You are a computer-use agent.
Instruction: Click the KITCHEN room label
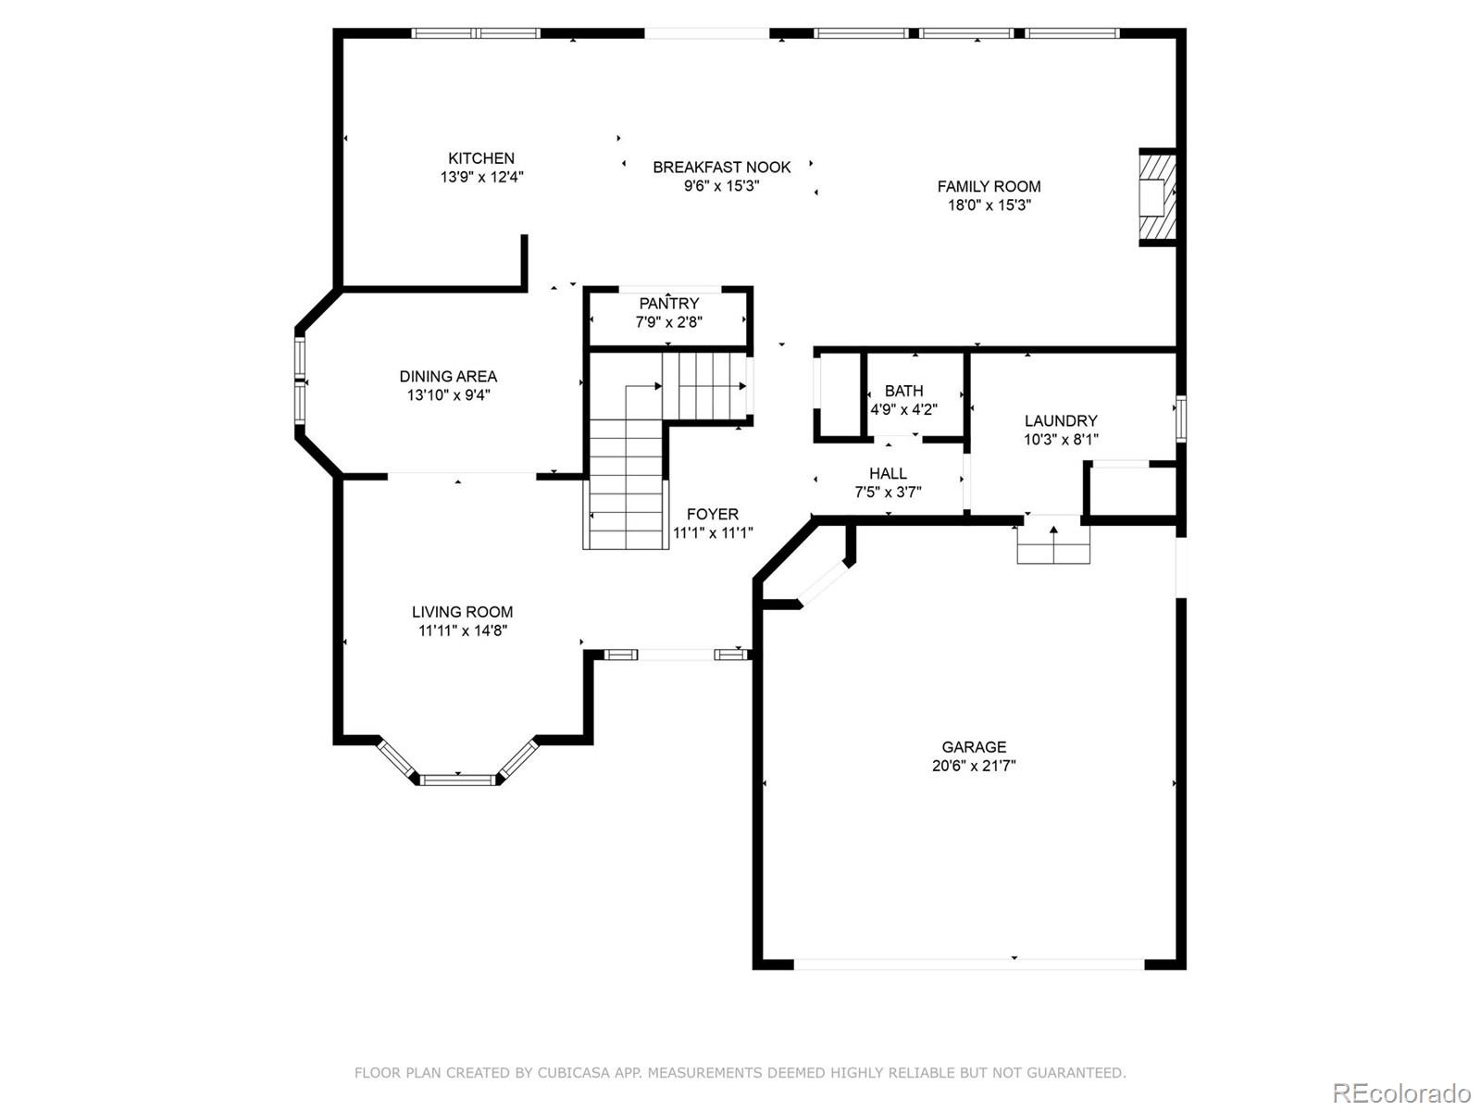pos(481,158)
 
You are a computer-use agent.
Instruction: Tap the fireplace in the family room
pos(1157,197)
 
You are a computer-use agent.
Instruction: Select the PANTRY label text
pos(668,304)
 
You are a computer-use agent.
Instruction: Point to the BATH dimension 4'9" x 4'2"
pos(903,409)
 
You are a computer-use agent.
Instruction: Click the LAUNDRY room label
pos(1061,420)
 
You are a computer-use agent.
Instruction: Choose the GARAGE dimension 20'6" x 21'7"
pos(974,766)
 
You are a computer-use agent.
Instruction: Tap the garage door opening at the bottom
pos(968,964)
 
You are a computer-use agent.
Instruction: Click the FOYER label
pos(713,514)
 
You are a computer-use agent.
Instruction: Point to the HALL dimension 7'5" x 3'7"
pos(888,493)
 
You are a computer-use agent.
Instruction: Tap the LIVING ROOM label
pos(462,612)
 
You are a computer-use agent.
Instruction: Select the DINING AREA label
pos(448,376)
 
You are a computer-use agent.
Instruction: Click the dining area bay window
pos(300,380)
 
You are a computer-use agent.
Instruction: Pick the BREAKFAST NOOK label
pos(722,168)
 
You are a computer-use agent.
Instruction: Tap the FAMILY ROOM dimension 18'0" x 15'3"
pos(989,206)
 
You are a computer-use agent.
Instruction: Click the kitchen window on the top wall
pos(476,33)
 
